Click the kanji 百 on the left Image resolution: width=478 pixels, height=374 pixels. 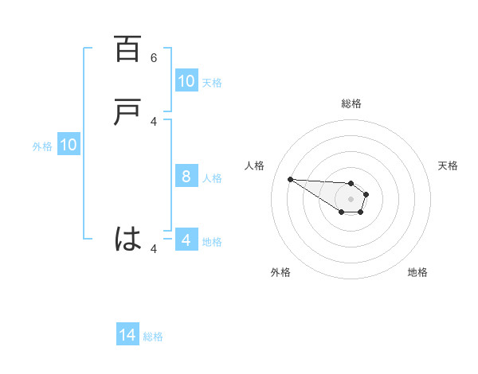[x=127, y=49]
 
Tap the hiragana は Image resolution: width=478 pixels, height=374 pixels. [x=127, y=239]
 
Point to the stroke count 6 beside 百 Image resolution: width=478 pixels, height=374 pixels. [x=154, y=58]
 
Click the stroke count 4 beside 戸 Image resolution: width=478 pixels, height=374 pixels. [x=154, y=122]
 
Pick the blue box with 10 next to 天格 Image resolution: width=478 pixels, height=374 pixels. [x=186, y=81]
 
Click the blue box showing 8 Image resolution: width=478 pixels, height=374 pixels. [x=186, y=177]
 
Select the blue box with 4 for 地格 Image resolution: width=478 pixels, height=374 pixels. [x=186, y=240]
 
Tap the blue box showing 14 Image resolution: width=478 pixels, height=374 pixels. [x=127, y=336]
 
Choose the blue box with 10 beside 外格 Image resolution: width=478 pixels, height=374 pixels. [x=69, y=145]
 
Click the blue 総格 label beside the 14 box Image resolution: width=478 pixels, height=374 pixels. [x=153, y=337]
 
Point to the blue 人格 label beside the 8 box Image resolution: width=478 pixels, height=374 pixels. [x=213, y=177]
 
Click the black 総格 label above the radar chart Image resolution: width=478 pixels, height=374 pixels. [x=351, y=103]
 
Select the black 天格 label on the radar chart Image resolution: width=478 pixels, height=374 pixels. [x=448, y=166]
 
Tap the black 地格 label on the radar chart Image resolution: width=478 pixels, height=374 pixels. [x=417, y=272]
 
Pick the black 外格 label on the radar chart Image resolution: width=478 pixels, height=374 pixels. [x=280, y=272]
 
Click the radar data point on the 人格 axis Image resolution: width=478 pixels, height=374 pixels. [x=290, y=179]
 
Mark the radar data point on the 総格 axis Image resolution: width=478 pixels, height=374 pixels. [x=351, y=182]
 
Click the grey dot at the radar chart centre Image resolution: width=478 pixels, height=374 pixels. [x=351, y=199]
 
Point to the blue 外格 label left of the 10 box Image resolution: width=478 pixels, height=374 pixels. [x=42, y=146]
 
